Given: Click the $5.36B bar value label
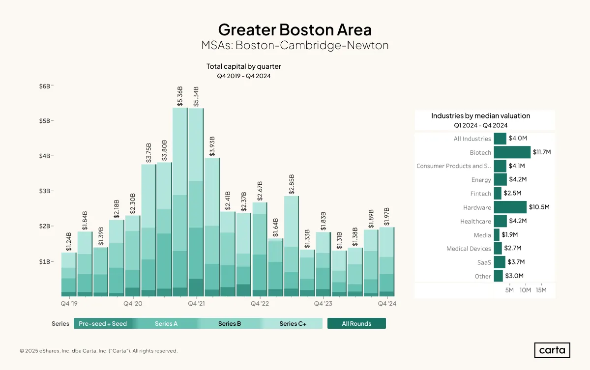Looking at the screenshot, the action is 180,96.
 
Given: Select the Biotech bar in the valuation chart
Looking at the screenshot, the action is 512,152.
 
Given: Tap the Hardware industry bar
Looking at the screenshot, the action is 510,207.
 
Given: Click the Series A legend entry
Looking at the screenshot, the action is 166,323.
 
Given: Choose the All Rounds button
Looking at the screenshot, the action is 356,323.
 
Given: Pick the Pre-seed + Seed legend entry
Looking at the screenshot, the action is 103,323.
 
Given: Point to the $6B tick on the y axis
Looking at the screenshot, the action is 45,86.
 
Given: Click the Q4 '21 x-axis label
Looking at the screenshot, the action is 196,304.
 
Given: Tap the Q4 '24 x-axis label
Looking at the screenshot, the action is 387,304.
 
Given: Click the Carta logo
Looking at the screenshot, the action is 552,350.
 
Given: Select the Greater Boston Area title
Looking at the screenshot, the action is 295,29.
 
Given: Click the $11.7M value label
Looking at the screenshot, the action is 542,152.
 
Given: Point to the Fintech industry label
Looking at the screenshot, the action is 481,194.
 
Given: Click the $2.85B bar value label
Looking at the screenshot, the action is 291,184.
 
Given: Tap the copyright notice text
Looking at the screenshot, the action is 99,351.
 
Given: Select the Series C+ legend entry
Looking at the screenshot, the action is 293,323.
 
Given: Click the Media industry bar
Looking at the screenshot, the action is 497,235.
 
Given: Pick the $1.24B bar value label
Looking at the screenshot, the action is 68,242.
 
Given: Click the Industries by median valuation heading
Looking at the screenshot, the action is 481,116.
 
